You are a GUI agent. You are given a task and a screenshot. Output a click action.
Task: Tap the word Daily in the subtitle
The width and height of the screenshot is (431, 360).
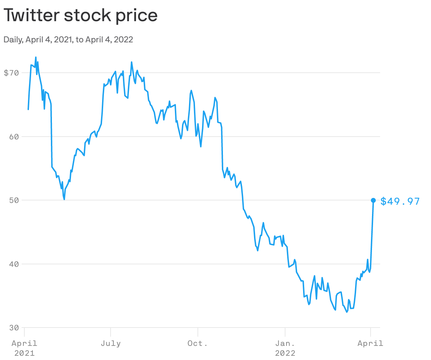(13, 40)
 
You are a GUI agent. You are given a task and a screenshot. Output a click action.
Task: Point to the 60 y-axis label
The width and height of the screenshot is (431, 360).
(13, 137)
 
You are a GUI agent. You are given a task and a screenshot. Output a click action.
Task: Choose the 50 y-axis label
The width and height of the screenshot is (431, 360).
(13, 200)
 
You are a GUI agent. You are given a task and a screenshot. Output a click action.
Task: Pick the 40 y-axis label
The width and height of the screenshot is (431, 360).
(13, 264)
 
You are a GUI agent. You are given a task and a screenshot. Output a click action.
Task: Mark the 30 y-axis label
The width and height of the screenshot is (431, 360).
(13, 328)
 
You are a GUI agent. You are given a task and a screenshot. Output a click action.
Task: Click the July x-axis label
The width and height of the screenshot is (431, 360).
(111, 343)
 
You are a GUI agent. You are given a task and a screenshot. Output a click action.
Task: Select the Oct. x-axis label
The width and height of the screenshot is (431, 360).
(197, 343)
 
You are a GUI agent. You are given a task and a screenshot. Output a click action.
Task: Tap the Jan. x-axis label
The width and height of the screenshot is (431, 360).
(285, 343)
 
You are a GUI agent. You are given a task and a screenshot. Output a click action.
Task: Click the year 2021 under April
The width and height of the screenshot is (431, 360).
(24, 353)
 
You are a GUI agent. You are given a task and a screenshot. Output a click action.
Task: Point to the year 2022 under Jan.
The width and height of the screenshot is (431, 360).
(285, 353)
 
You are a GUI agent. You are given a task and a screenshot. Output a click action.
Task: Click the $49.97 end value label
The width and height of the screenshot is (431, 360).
(400, 202)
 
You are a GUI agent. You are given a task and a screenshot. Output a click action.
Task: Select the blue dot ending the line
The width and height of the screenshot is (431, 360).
(373, 200)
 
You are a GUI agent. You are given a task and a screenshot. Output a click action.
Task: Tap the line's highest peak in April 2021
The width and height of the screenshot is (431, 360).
(36, 57)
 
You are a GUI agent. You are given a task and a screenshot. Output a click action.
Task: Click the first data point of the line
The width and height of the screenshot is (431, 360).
(28, 109)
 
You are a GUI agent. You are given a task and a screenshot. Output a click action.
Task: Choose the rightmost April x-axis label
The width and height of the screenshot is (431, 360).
(370, 343)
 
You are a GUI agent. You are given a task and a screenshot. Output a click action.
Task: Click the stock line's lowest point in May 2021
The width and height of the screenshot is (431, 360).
(64, 199)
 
